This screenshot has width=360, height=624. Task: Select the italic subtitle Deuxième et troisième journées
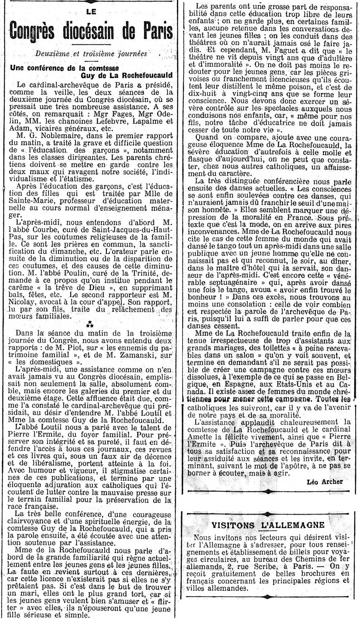[91, 53]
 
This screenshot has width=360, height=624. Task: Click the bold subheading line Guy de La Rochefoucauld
[127, 75]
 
